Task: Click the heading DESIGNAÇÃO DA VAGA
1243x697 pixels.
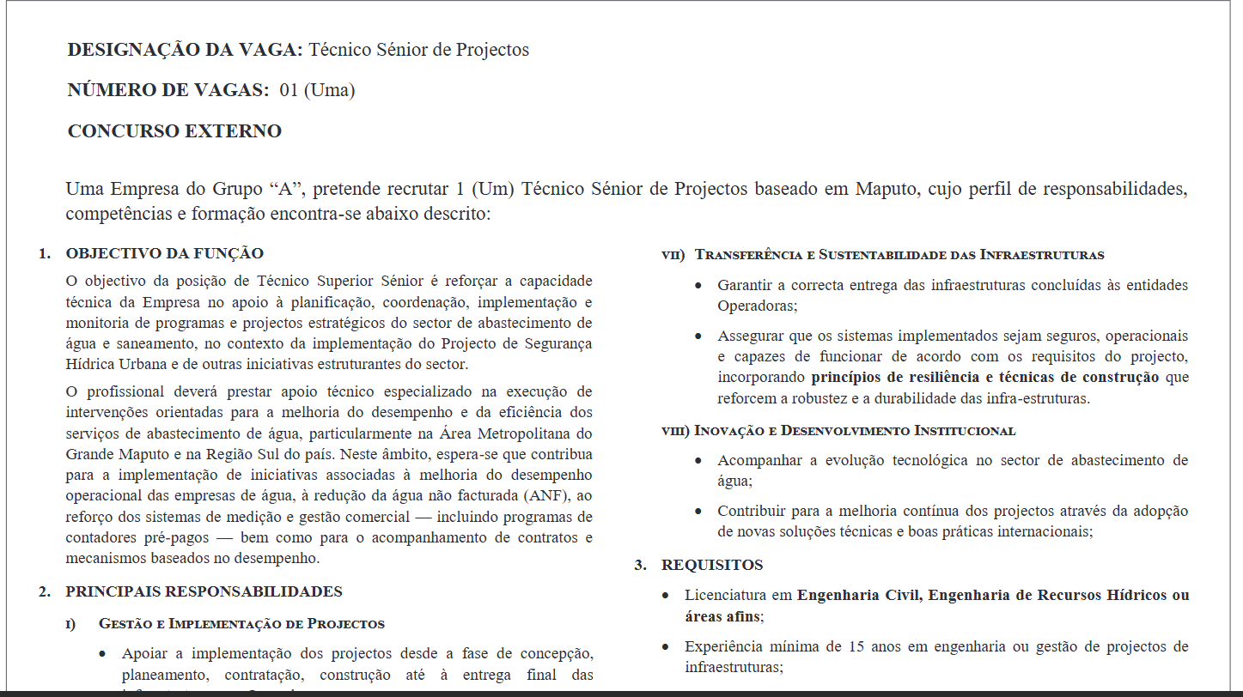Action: [x=185, y=50]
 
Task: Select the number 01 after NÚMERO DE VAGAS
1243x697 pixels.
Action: [x=289, y=90]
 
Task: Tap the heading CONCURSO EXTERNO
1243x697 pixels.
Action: [x=174, y=131]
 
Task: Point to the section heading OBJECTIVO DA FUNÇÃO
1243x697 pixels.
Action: [x=164, y=253]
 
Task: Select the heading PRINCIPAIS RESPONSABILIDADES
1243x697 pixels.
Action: [x=204, y=591]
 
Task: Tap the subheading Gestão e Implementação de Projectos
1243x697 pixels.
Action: [x=241, y=624]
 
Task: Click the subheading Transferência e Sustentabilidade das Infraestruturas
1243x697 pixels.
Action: [x=899, y=255]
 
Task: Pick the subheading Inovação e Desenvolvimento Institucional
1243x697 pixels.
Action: [x=855, y=430]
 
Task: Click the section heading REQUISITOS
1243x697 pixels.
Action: [x=712, y=565]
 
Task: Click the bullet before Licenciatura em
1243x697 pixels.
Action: [x=667, y=596]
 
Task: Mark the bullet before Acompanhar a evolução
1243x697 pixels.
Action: [x=699, y=461]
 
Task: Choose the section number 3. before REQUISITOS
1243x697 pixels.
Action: [x=640, y=565]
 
